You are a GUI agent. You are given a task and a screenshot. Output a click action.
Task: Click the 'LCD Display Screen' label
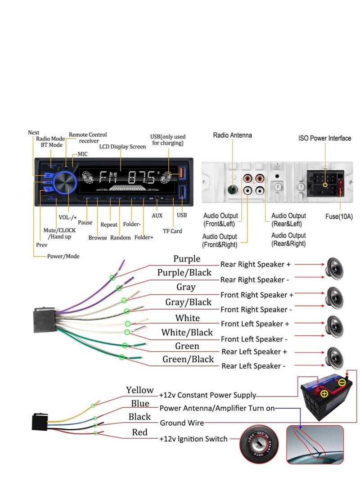122,147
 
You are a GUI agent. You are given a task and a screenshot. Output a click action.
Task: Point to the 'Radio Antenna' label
232,135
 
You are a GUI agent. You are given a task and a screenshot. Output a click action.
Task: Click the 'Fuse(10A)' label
339,216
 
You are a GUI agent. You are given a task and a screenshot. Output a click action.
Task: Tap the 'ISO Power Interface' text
324,138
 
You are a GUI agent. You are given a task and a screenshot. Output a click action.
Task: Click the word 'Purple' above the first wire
187,259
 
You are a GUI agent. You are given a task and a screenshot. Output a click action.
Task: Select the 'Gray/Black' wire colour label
188,302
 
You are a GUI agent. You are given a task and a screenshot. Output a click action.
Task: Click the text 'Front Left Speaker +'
255,324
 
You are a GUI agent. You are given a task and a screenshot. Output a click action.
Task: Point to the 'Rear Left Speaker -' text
253,366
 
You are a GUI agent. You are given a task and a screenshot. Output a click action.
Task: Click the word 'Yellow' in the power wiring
140,390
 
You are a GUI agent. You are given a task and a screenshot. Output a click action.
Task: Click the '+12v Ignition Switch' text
193,439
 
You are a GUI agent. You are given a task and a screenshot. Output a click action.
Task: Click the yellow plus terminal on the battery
324,393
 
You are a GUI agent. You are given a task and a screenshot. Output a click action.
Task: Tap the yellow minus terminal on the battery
342,383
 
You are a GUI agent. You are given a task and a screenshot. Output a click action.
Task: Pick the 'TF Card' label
173,231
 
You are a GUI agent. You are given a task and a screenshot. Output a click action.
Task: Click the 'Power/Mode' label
63,256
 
